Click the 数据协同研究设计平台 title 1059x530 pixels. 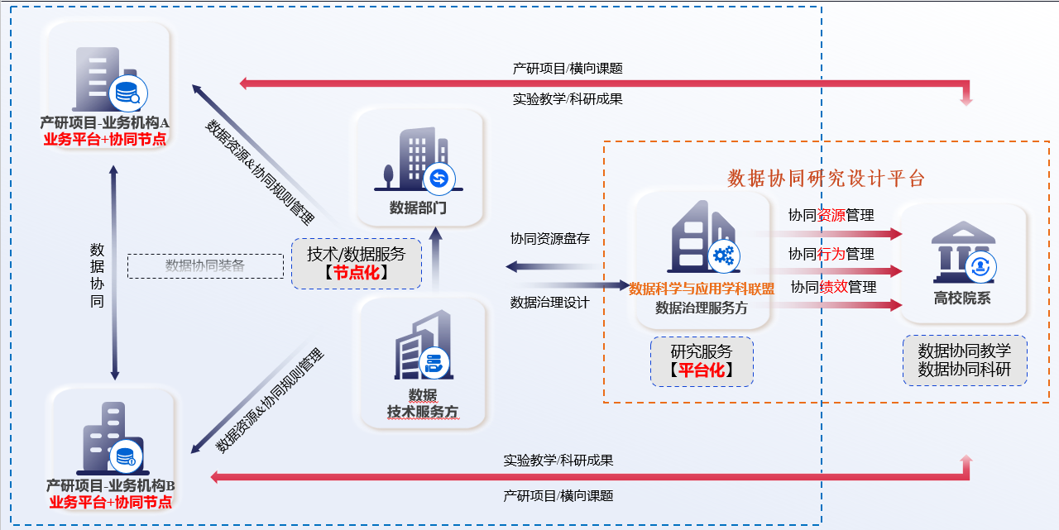[826, 178]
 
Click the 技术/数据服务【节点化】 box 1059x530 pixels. [356, 263]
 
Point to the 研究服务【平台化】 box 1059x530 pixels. [702, 361]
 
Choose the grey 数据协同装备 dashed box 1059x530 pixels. [205, 265]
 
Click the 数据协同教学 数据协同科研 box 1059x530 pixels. [964, 360]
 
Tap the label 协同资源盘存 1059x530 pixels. [550, 239]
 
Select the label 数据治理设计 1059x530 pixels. [550, 303]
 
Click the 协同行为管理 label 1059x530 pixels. [831, 254]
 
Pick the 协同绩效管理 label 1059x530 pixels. [833, 287]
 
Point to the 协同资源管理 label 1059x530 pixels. [831, 216]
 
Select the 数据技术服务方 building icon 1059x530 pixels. [423, 347]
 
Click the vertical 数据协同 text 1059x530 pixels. [97, 275]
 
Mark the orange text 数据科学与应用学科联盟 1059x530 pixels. [702, 289]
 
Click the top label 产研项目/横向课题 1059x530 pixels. [568, 69]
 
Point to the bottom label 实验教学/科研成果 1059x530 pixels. [558, 461]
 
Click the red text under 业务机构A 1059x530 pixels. [105, 139]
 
